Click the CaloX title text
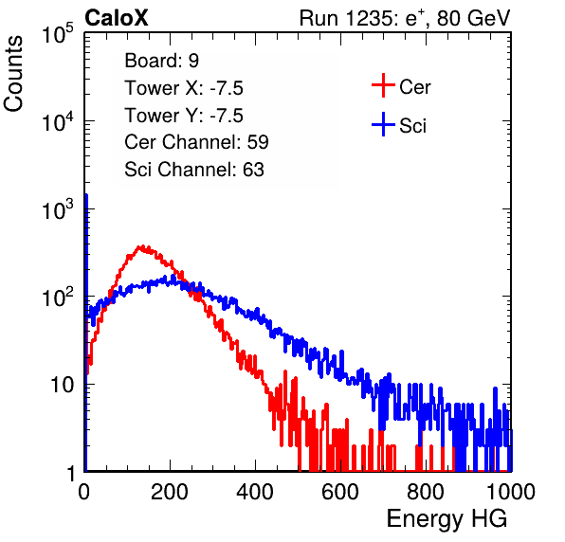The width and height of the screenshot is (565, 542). coord(117,18)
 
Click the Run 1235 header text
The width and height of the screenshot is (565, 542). coord(405,18)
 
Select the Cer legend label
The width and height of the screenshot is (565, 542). coord(414,87)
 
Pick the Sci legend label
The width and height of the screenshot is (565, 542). coord(412,126)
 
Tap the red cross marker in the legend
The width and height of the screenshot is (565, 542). coord(383,85)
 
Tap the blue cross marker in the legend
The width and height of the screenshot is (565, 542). coord(383,124)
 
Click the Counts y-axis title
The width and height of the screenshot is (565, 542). coord(13,74)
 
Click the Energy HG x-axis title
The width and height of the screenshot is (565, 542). coord(447,519)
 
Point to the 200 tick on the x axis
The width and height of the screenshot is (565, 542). coord(170,492)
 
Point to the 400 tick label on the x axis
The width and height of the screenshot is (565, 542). coord(255,492)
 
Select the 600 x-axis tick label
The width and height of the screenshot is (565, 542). coord(340,492)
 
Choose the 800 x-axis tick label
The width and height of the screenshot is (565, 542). coord(426,492)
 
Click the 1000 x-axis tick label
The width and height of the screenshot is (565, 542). coord(511,492)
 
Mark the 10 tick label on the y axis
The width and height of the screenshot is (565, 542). coord(63,385)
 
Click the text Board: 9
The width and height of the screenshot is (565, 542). coord(161,61)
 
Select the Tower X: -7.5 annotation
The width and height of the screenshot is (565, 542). coord(184,88)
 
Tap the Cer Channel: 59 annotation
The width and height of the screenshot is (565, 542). coord(196,142)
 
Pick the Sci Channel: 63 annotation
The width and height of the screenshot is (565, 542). coord(194,170)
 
